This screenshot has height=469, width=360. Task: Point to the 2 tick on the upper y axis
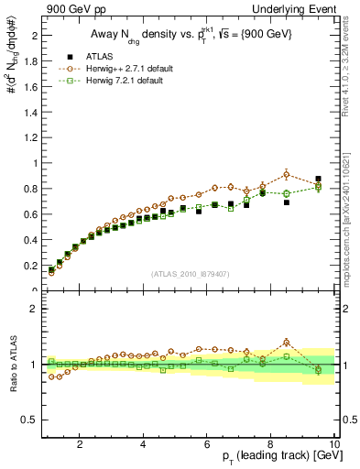34,36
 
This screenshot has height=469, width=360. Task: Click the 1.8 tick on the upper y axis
30,61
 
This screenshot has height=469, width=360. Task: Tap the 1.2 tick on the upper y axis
30,137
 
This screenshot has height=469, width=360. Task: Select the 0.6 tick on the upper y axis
30,214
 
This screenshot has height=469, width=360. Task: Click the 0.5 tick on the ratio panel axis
30,420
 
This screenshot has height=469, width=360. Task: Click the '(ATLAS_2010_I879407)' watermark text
190,274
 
